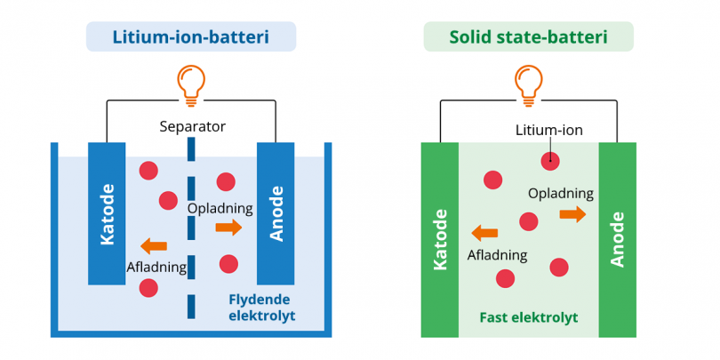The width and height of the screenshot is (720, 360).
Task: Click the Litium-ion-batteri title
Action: click(x=190, y=36)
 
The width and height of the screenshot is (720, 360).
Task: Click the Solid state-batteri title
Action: click(x=528, y=36)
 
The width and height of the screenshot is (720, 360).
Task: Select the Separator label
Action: click(x=192, y=126)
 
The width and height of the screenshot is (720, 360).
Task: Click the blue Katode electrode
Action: click(x=107, y=213)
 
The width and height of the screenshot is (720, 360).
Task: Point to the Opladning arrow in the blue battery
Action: click(x=228, y=228)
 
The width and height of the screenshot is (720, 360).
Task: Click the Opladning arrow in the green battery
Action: click(x=572, y=213)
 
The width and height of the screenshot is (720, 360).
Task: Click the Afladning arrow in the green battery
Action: click(x=485, y=233)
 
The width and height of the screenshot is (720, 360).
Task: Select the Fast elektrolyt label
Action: click(x=528, y=317)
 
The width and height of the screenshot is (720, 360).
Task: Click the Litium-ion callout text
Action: click(x=549, y=131)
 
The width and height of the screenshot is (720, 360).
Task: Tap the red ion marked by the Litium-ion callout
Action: click(x=551, y=161)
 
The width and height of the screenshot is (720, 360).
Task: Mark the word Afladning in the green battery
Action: click(x=497, y=255)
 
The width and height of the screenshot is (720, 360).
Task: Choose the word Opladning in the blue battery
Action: click(x=220, y=208)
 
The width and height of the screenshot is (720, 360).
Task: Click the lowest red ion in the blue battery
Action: click(x=148, y=287)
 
